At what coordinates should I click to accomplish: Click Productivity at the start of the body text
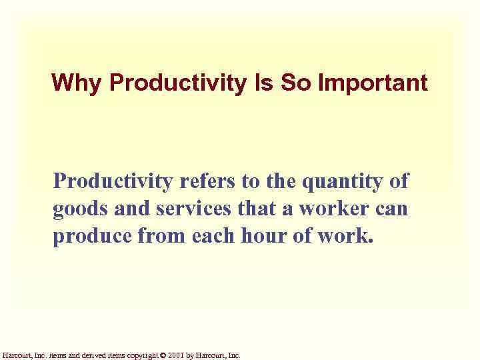click(109, 181)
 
